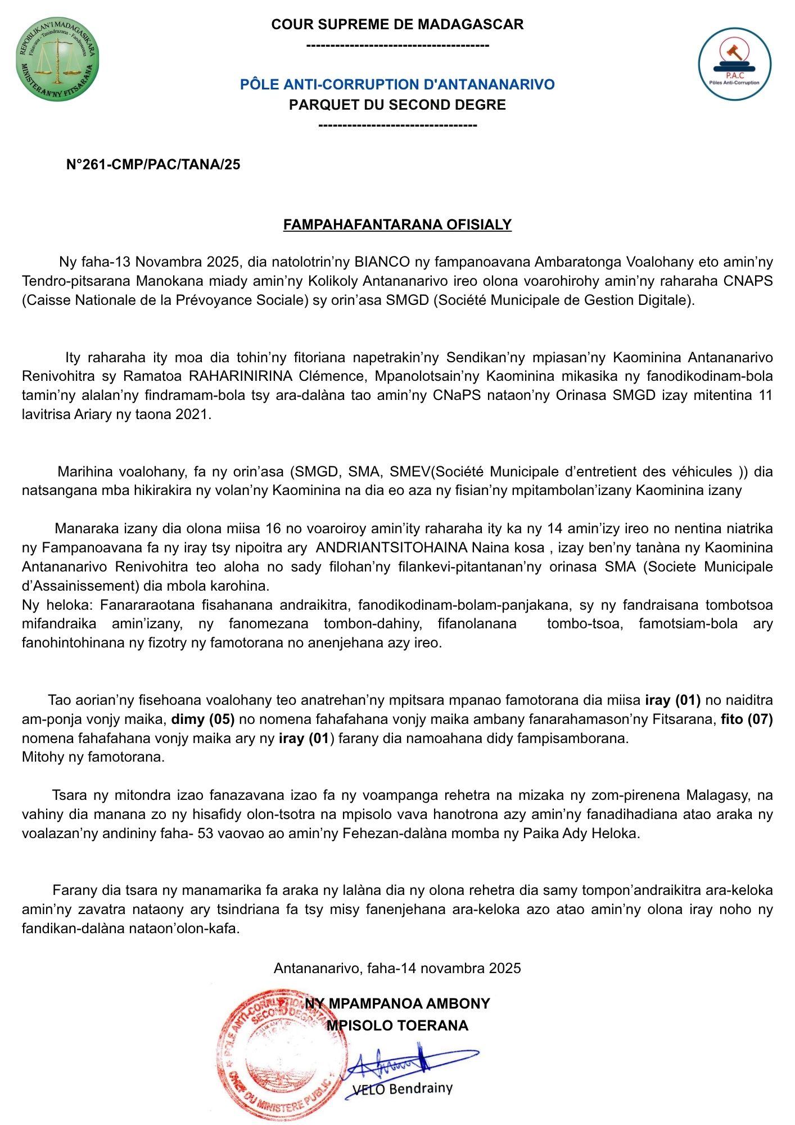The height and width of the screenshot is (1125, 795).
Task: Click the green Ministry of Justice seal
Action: pos(57,59)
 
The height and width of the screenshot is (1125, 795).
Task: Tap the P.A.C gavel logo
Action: pos(734,65)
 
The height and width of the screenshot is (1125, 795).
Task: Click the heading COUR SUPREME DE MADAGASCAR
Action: pos(397,24)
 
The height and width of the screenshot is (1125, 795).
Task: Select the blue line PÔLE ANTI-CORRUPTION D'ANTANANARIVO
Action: pos(397,84)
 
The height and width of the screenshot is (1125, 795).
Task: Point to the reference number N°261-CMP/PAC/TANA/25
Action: pos(153,164)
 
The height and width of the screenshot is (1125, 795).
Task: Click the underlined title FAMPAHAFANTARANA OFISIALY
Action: pos(397,224)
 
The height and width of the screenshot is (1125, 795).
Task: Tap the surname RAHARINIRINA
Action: pos(240,376)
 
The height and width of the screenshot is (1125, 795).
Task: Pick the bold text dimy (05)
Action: pos(202,719)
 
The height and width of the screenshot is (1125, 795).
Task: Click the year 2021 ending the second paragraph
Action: pos(192,415)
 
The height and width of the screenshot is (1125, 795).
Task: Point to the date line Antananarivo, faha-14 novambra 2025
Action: pos(397,968)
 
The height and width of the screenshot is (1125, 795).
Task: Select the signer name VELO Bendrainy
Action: pos(402,1088)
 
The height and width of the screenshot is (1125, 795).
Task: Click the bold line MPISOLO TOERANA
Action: pos(397,1025)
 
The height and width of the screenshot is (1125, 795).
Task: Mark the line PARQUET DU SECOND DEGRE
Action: pos(397,105)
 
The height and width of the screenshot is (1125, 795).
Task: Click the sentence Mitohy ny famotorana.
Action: pos(93,757)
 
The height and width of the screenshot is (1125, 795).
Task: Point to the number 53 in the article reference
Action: pos(205,834)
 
